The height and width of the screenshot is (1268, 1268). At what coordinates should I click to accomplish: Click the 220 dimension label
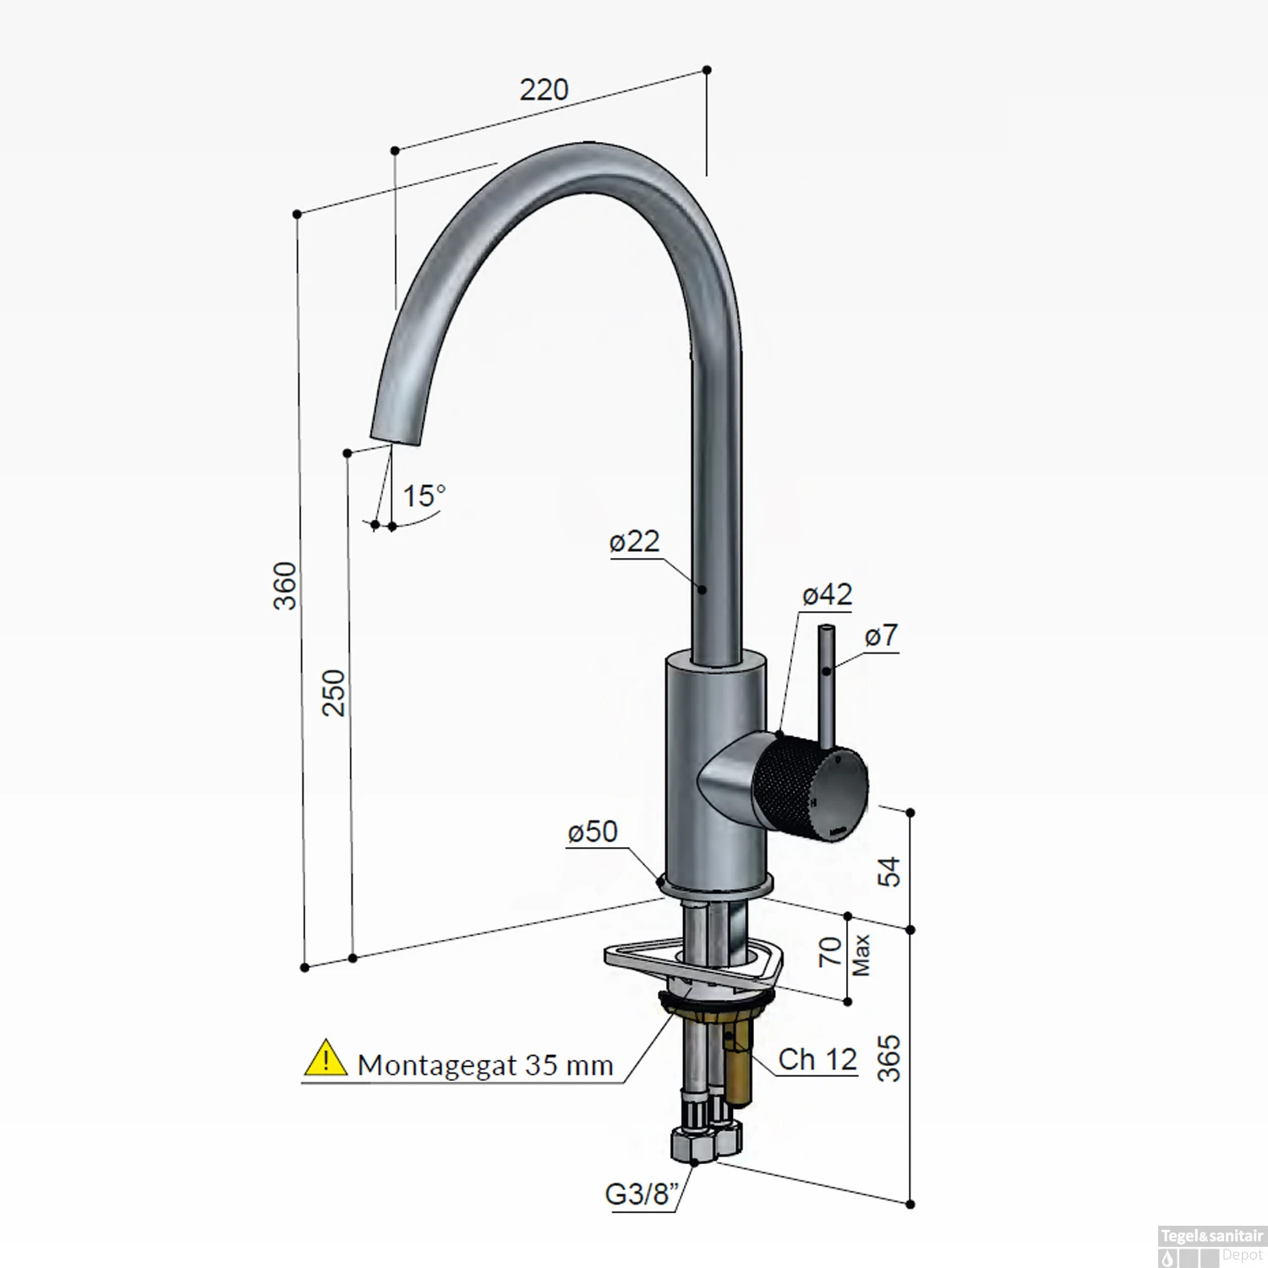(x=544, y=90)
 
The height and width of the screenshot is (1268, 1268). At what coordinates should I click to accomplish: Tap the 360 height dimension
(x=286, y=585)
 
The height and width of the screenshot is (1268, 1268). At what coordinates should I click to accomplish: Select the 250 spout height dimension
(x=335, y=692)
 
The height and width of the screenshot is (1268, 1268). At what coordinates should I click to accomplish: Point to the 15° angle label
(x=423, y=496)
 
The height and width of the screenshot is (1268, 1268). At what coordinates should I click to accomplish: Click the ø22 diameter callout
(x=634, y=541)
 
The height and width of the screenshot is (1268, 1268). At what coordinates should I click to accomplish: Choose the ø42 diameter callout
(x=827, y=595)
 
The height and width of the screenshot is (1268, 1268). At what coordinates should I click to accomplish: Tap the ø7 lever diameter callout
(x=881, y=636)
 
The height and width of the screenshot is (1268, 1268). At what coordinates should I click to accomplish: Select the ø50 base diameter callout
(x=593, y=832)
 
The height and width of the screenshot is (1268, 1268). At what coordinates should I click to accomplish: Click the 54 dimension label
(x=889, y=871)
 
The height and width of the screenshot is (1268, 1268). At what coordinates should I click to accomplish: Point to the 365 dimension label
(x=889, y=1058)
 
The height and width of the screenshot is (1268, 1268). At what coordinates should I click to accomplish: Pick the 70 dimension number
(x=830, y=952)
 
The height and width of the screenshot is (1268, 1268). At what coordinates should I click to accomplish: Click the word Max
(x=861, y=955)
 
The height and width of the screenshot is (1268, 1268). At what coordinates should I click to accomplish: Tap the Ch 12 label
(x=817, y=1059)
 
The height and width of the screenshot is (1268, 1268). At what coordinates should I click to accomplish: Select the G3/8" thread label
(x=642, y=1194)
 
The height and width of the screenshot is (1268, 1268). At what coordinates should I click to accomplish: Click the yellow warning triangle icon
(x=325, y=1059)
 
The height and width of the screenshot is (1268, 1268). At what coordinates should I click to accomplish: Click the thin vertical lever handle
(x=826, y=685)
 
